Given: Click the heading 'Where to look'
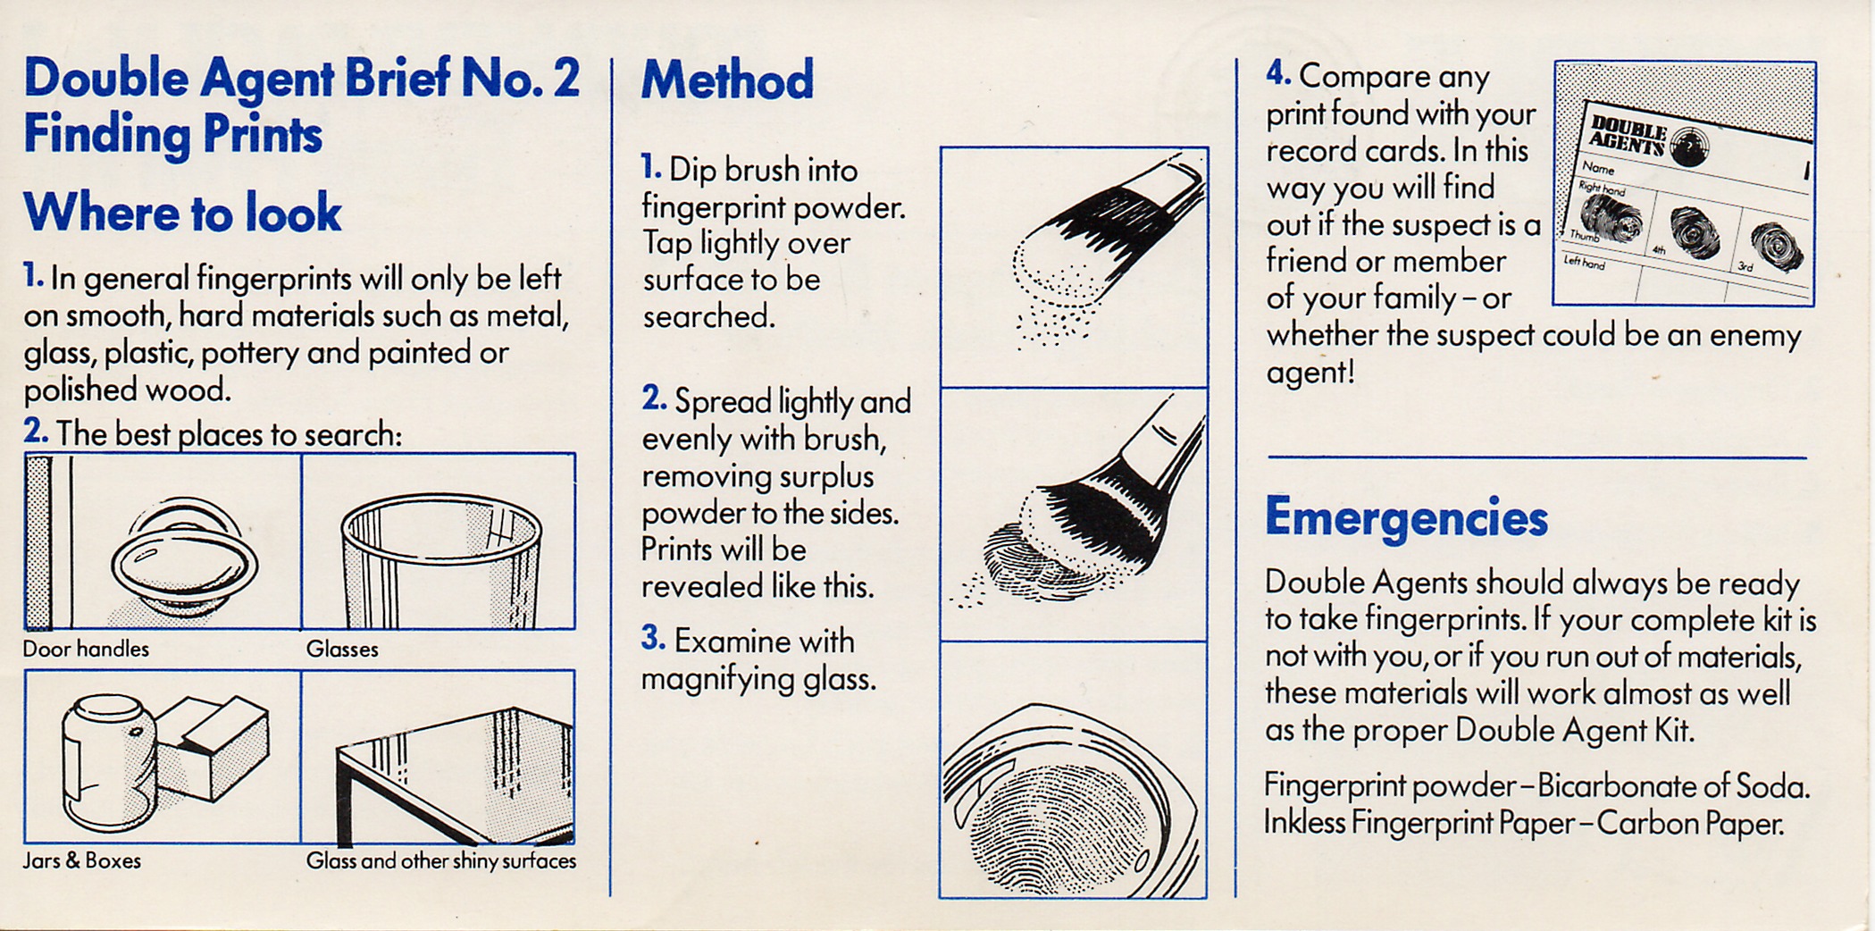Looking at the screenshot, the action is coord(182,213).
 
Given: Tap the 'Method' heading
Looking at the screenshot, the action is coord(727,80).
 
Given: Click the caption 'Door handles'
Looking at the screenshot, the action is coord(86,650).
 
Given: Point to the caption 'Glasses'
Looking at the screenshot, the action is coord(342,650).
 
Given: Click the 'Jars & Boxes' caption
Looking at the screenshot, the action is coord(82,861).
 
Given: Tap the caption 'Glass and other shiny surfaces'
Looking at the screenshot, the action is coord(441,861).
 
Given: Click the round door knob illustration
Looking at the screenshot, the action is coord(184,558).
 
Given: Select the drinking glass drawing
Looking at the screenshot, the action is coord(441,560).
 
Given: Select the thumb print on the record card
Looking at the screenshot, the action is coord(1611,220).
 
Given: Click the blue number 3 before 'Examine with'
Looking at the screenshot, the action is coord(653,638).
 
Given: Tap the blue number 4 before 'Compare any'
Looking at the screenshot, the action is coord(1278,73).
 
